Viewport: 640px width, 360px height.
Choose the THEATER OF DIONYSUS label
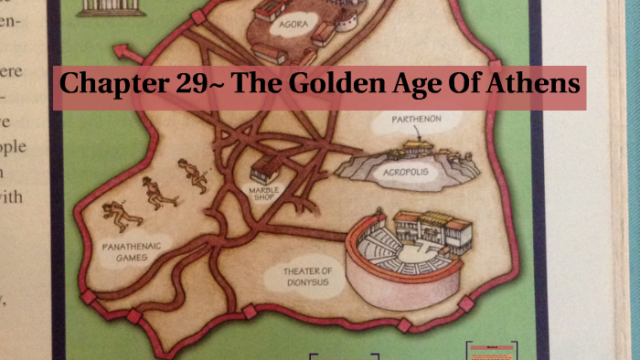[x=308, y=276]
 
